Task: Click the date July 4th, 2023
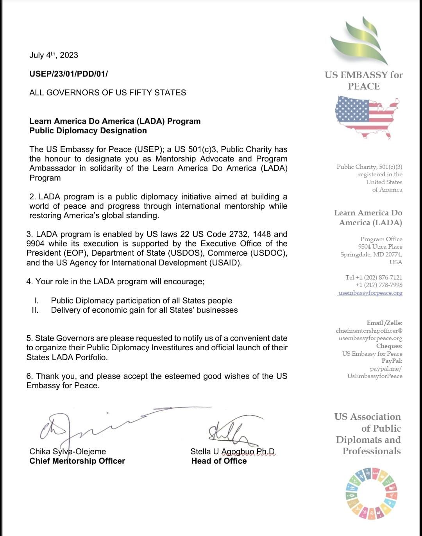point(54,55)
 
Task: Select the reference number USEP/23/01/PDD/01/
point(68,73)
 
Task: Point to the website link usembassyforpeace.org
point(370,293)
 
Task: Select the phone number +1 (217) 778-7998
point(379,285)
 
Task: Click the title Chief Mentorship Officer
point(77,461)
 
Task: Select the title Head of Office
point(219,461)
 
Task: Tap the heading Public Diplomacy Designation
point(88,131)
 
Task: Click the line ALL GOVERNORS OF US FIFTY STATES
point(107,93)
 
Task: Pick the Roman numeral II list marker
point(35,310)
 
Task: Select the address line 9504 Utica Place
point(380,247)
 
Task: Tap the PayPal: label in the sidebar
point(392,361)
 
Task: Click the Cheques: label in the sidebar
point(389,346)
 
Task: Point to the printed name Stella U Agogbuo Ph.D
point(232,452)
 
